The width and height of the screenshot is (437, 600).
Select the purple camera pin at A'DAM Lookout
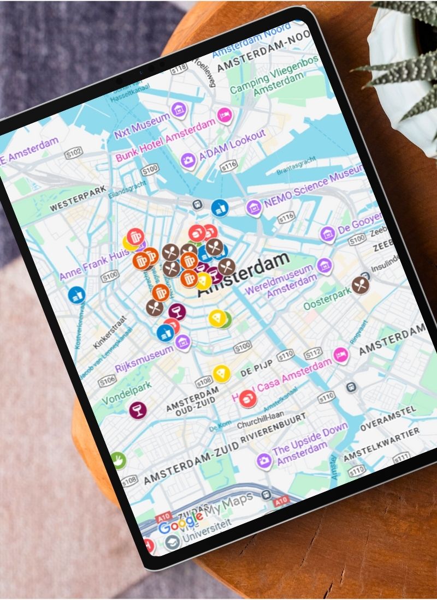point(188,160)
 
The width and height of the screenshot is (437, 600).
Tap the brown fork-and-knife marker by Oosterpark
point(360,285)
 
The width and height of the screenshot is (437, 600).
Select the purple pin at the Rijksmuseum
point(182,343)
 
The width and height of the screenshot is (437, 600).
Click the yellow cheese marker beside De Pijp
point(220,374)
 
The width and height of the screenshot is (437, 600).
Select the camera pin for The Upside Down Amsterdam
point(264,461)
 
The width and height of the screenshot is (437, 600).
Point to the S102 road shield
point(74,154)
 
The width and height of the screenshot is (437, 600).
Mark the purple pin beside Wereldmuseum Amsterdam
point(324,266)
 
